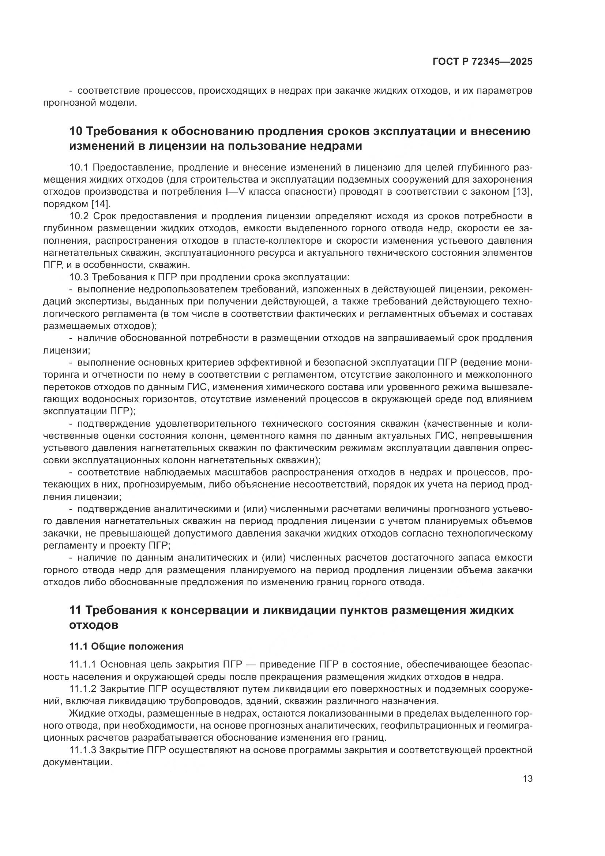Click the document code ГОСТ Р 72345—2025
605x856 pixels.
482,62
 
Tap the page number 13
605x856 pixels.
527,779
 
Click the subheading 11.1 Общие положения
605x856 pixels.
126,646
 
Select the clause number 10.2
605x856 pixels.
79,216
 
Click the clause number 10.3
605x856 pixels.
79,277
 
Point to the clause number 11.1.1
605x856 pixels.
83,665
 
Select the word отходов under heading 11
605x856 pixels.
94,625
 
